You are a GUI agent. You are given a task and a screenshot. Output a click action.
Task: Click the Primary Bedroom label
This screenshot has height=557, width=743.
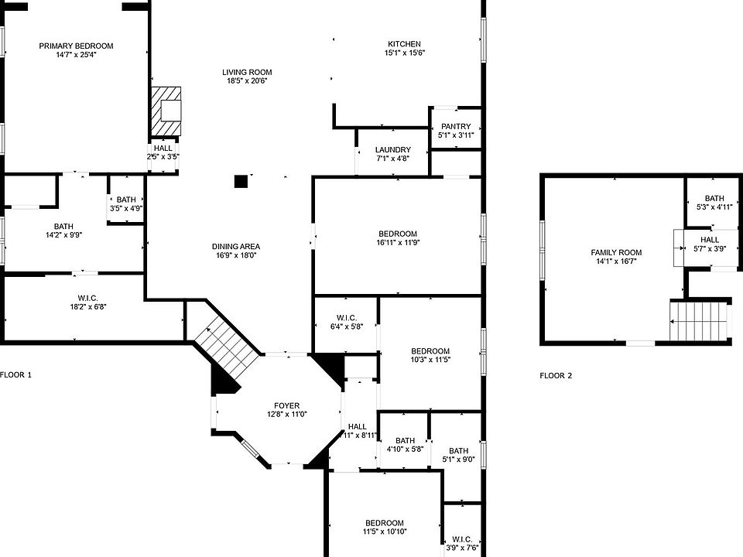pos(76,46)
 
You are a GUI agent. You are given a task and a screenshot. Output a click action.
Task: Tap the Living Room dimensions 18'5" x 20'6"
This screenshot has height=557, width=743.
pos(247,81)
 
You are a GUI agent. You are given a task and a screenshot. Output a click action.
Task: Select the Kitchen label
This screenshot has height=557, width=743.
pos(404,44)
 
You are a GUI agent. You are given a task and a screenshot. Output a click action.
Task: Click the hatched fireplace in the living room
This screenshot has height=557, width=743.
pos(166,111)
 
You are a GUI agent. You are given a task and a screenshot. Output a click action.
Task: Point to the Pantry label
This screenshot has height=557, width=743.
pos(456,126)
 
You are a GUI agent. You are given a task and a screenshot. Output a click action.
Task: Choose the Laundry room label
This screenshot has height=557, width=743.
pos(393,149)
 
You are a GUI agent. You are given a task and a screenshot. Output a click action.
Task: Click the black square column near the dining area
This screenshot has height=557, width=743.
pos(241,181)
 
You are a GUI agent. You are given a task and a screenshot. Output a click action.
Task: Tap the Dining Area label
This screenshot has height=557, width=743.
pos(235,246)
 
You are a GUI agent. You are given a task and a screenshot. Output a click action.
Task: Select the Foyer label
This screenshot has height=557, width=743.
pos(286,405)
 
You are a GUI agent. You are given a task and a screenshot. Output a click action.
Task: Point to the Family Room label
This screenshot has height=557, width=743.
pos(616,252)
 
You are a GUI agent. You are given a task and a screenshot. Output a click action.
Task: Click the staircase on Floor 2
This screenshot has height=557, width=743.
pos(698,320)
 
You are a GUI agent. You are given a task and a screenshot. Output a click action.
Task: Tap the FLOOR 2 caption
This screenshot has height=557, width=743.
pos(556,376)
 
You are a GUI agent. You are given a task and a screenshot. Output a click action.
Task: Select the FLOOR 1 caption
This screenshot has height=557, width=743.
pos(15,374)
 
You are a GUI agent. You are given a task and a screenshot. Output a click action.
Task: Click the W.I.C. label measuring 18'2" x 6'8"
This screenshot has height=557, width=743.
pos(87,298)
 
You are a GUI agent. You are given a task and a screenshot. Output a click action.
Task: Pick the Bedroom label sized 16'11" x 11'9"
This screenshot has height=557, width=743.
pos(398,234)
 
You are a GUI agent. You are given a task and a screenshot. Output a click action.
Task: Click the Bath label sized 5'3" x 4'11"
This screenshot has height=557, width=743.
pos(714,198)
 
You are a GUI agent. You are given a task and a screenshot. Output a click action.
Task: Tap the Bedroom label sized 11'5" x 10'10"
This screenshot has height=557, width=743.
pos(385,523)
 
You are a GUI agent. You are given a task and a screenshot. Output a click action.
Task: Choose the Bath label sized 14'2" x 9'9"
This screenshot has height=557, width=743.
pos(63,226)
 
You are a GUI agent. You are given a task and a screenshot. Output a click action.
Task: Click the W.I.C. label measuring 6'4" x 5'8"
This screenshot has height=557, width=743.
pos(347,317)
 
